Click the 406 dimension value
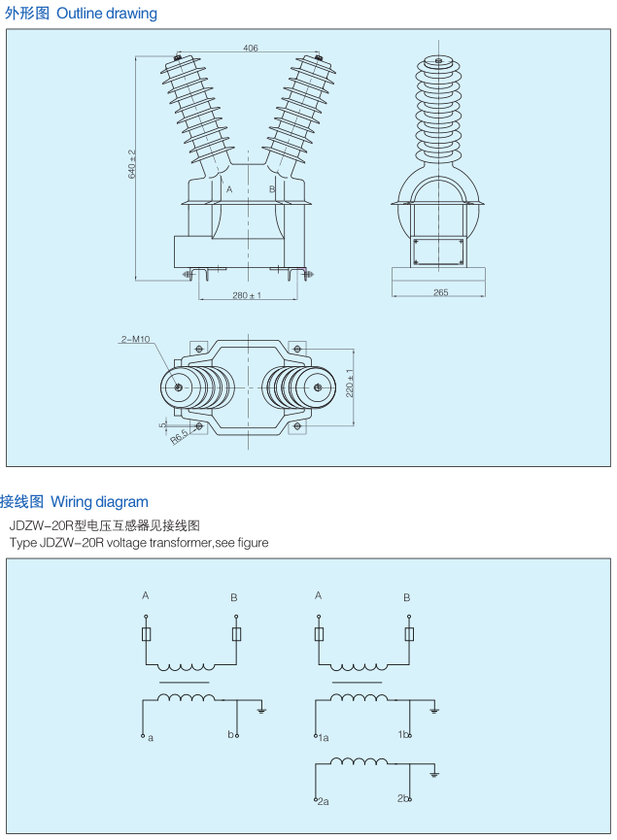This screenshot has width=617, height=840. pos(251,48)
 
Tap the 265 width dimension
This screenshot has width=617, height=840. pos(440,291)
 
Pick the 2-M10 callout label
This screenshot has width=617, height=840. pos(135,339)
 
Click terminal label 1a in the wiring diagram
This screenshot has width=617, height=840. pos(324,738)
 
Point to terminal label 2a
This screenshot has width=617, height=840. pos(324,801)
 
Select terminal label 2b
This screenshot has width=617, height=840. pos(402,798)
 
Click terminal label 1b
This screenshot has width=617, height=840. pos(402,734)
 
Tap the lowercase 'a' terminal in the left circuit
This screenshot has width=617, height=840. pos(151,738)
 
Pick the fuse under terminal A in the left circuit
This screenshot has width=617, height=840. pos(146,635)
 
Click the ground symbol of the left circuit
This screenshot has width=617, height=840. pos(261,711)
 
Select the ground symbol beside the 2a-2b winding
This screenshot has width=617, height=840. pos(434,774)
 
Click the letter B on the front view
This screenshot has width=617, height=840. pos(272,189)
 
